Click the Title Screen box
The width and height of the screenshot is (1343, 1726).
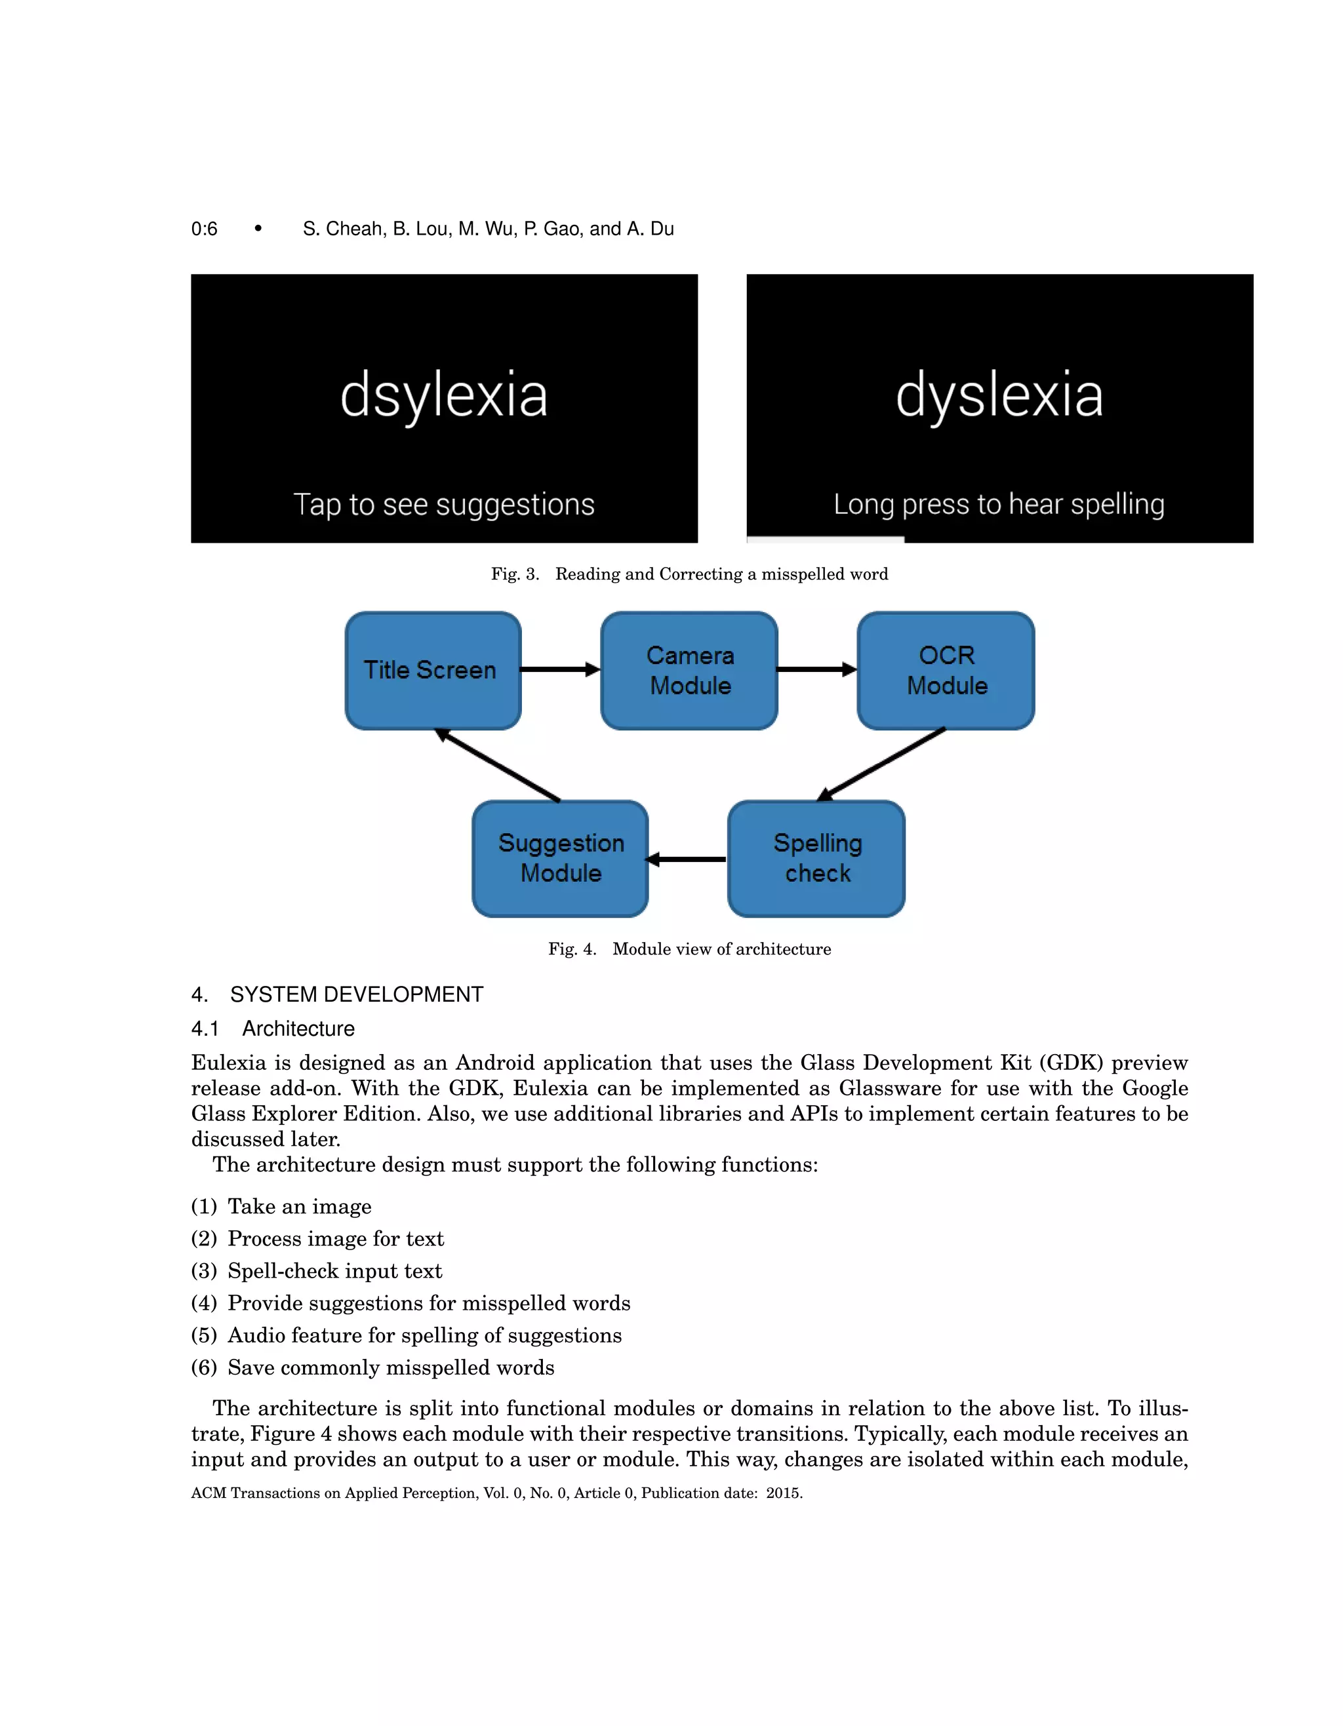coord(432,670)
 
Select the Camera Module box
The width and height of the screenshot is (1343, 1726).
coord(689,670)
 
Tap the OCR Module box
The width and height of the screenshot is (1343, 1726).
coord(946,670)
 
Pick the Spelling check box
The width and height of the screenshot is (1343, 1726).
coord(816,858)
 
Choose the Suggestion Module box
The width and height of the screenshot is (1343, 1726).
coord(561,858)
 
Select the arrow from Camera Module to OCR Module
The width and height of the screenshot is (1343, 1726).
coord(816,669)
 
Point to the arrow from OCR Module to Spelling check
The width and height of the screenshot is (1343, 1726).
coord(881,764)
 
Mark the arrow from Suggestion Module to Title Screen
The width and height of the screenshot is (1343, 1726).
coord(498,765)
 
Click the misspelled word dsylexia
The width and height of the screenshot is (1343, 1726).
coord(443,395)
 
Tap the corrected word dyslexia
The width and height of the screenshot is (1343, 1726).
coord(999,395)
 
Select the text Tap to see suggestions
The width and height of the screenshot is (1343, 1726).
coord(443,504)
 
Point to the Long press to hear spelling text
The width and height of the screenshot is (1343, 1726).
coord(999,504)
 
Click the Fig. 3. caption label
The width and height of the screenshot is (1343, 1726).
coord(515,574)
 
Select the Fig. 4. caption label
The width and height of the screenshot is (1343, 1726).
coord(572,949)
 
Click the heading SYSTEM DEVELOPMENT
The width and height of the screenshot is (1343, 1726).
coord(357,994)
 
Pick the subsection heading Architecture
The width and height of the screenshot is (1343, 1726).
coord(298,1028)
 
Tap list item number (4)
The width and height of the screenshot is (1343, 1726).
coord(204,1303)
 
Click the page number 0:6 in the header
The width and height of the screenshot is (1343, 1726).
coord(204,229)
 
